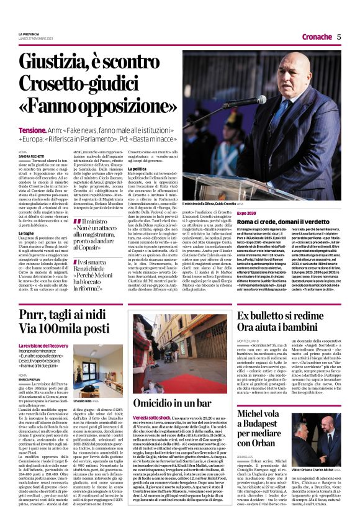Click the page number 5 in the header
339,37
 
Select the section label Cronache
315,37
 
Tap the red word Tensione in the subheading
32,131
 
